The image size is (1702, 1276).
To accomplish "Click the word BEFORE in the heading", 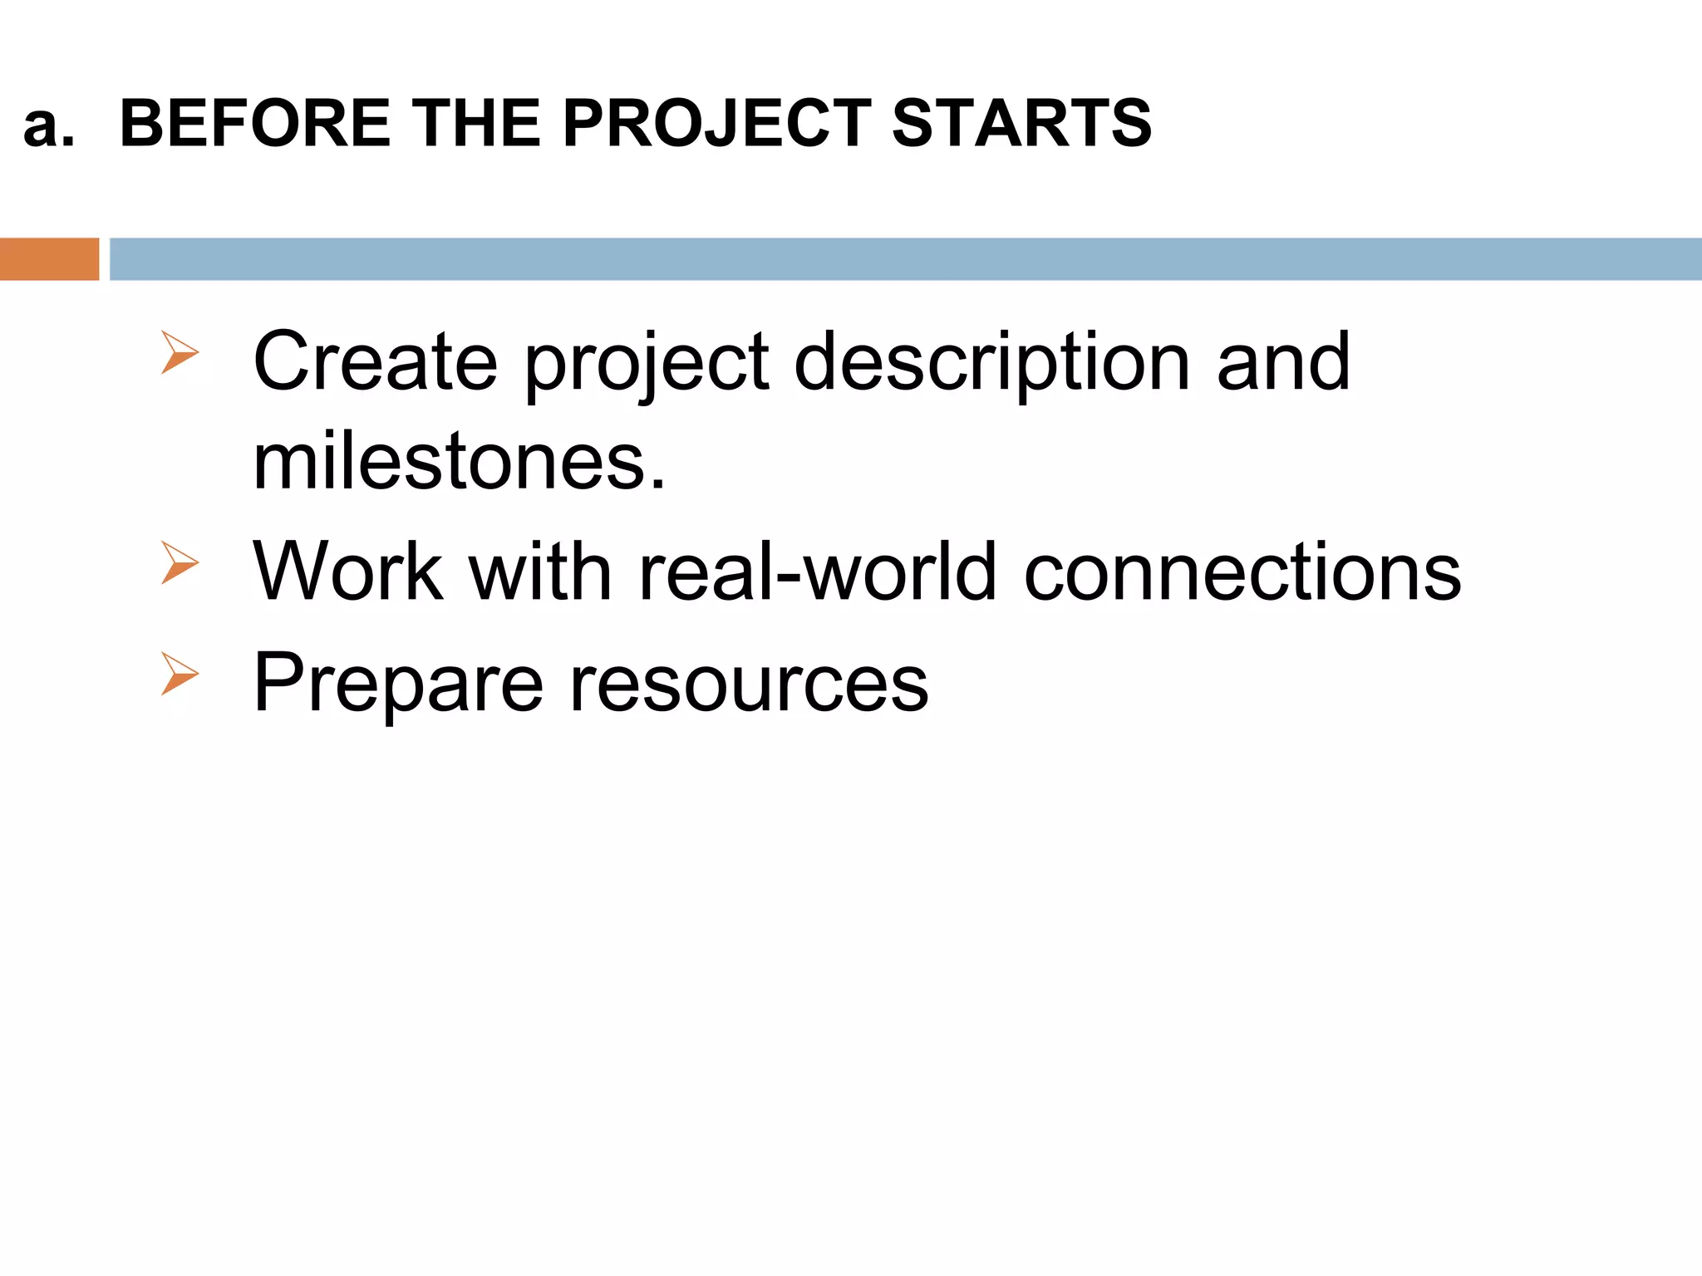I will pos(255,124).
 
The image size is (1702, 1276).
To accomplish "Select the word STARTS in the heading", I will pos(1021,124).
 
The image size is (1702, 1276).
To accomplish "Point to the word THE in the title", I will pos(476,124).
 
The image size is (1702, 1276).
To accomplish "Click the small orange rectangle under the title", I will pos(49,259).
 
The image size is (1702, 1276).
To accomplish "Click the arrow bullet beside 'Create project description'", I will pos(180,352).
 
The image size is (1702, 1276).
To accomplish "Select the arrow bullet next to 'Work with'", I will pos(180,562).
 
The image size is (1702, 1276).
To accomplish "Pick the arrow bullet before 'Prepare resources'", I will pos(180,674).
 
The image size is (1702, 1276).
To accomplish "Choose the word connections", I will pos(1242,572).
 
